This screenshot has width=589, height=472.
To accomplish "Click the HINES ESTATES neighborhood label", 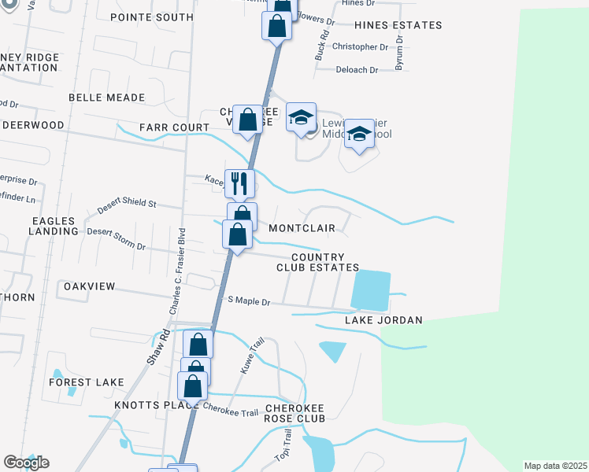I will coord(398,25).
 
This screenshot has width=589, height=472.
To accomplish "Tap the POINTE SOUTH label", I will coord(152,17).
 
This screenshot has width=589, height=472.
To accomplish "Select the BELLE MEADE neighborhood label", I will coord(107,98).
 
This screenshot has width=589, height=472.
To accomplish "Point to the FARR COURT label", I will coord(175,127).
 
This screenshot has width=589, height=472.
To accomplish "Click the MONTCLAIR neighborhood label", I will coord(302,228).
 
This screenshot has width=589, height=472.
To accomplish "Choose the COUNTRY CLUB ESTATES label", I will coord(317,262).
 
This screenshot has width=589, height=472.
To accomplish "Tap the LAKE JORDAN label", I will coord(383,320).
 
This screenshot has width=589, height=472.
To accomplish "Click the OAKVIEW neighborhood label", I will coord(90,286).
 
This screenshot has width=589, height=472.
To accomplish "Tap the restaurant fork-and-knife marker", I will coord(239,184).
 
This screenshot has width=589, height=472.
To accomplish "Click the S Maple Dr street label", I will coord(249,301).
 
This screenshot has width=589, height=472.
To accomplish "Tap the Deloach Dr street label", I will coord(357,70).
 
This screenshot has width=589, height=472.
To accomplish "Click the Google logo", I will coord(26,463).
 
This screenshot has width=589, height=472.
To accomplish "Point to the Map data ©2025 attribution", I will coord(555,466).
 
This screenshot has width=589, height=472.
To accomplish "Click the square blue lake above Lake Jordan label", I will coord(370,289).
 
